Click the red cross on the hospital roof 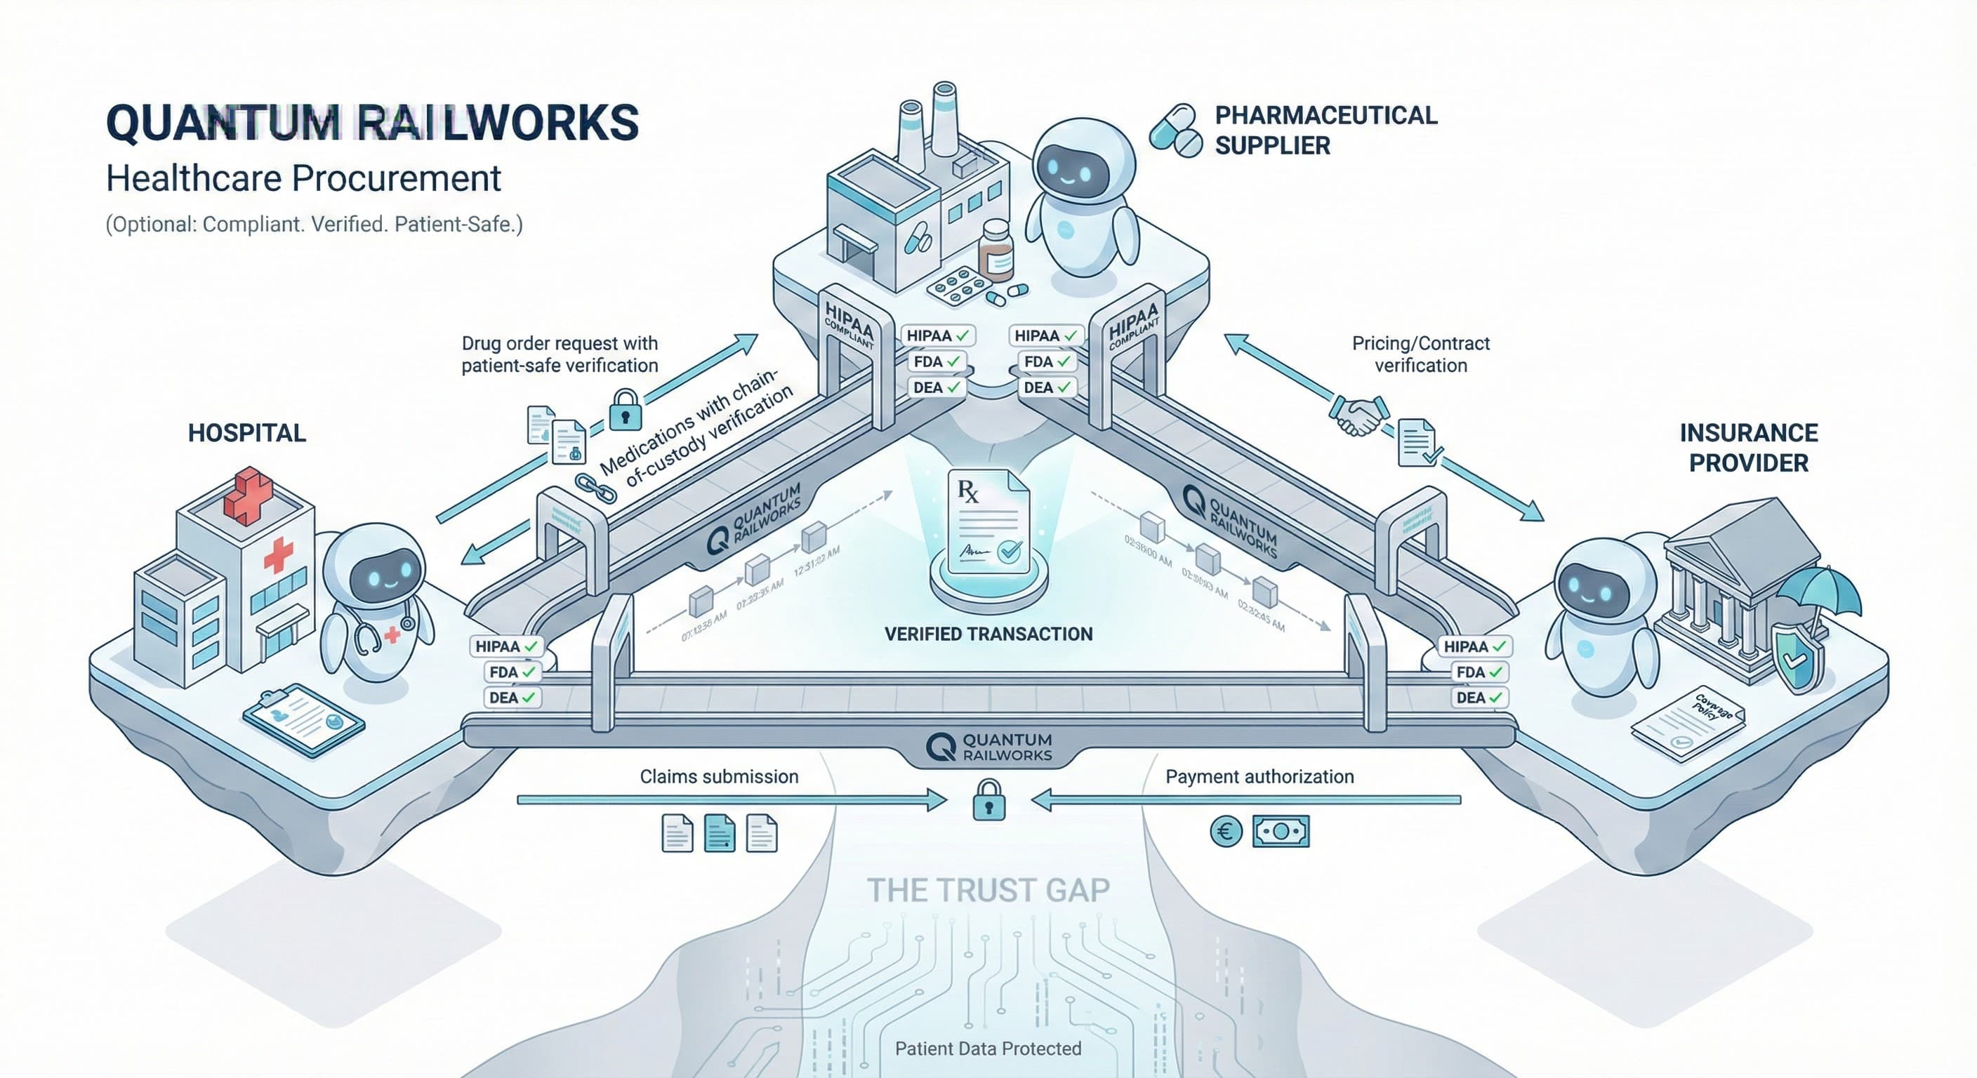[x=247, y=494]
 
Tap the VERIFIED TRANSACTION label [x=988, y=634]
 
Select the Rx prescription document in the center [x=988, y=521]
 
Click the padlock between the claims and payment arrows [x=988, y=800]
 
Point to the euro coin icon [x=1225, y=832]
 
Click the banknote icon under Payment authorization [x=1280, y=832]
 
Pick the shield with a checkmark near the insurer [x=1797, y=657]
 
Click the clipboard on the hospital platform [x=303, y=719]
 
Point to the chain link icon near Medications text [x=595, y=488]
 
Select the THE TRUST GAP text [x=988, y=890]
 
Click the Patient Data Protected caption [x=988, y=1048]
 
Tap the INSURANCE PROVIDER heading [x=1748, y=448]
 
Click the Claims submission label [x=719, y=776]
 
